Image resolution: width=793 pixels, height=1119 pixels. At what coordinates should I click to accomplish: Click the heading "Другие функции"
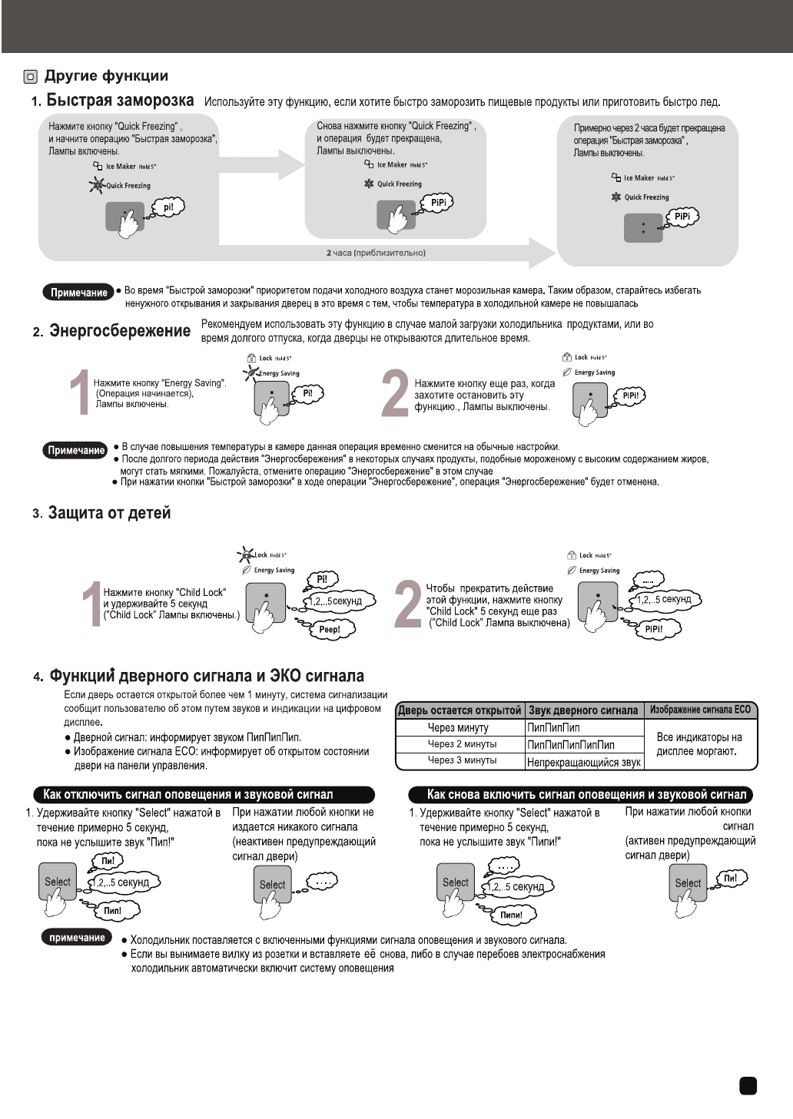[105, 76]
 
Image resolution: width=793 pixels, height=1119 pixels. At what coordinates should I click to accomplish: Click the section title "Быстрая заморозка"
[120, 101]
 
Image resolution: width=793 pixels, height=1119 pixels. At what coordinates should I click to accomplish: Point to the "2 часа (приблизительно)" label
[376, 253]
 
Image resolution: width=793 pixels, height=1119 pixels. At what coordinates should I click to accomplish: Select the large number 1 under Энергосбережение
[79, 394]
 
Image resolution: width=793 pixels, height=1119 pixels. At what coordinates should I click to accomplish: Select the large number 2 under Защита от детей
[406, 606]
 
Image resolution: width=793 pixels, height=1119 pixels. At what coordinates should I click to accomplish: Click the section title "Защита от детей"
[109, 513]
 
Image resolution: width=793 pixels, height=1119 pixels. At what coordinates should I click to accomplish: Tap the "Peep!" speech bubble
[329, 630]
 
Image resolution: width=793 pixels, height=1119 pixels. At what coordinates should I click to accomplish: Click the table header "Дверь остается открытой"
[460, 710]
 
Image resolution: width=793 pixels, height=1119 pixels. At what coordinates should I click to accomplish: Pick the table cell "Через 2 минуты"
[462, 744]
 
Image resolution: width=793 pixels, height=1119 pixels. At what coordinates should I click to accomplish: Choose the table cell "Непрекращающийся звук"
[584, 762]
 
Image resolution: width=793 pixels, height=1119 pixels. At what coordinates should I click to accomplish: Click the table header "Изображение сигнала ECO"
[700, 710]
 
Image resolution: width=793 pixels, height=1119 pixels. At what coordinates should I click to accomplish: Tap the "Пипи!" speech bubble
[511, 915]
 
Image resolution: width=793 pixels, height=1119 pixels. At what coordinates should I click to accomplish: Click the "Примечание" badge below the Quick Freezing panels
[78, 293]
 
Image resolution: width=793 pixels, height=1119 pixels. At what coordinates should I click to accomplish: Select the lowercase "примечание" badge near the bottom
[77, 938]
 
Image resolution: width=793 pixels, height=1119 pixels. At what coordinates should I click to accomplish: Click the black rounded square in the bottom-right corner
[748, 1085]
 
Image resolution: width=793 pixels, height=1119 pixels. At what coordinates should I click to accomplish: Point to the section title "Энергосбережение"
[120, 331]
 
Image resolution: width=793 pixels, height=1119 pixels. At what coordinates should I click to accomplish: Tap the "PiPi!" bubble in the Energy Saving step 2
[631, 396]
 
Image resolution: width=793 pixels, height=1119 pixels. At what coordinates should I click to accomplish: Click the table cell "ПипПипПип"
[554, 727]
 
